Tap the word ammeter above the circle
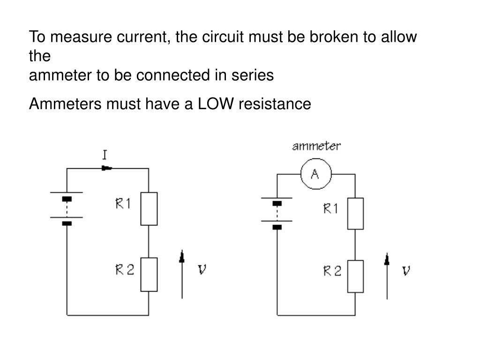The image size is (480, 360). pyautogui.click(x=316, y=146)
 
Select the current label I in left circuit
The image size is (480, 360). pyautogui.click(x=105, y=155)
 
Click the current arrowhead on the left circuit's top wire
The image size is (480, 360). pyautogui.click(x=107, y=168)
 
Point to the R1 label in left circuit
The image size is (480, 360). pyautogui.click(x=123, y=203)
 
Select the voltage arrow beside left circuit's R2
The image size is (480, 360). pyautogui.click(x=182, y=274)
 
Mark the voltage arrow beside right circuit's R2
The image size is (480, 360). pyautogui.click(x=387, y=276)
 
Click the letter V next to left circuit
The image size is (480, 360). pyautogui.click(x=202, y=270)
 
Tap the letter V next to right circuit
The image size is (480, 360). pyautogui.click(x=406, y=270)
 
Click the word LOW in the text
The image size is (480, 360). pyautogui.click(x=216, y=104)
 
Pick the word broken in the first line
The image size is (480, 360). pyautogui.click(x=334, y=37)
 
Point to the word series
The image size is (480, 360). pyautogui.click(x=253, y=75)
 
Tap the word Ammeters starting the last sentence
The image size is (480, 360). pyautogui.click(x=65, y=104)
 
